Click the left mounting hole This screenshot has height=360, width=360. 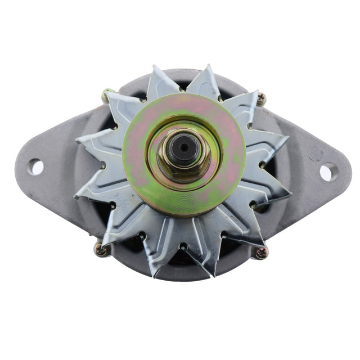[x=35, y=167]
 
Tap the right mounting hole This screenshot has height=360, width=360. [x=327, y=171]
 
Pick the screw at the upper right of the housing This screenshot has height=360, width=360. [x=261, y=100]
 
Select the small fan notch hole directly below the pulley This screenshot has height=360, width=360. [x=182, y=246]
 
